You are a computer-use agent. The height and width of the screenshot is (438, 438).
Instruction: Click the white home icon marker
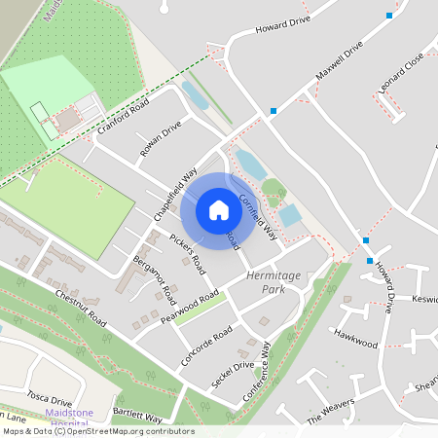click(x=218, y=210)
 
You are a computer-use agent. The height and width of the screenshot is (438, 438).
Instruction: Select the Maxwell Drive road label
click(x=339, y=60)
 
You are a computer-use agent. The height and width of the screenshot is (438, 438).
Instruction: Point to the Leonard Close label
click(x=402, y=73)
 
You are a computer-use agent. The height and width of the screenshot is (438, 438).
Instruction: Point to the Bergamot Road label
click(x=155, y=276)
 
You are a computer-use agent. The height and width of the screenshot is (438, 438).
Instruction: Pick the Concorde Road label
click(x=206, y=347)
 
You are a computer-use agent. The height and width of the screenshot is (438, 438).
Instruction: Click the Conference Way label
click(x=274, y=364)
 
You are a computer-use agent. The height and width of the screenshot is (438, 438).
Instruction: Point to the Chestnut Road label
click(x=80, y=306)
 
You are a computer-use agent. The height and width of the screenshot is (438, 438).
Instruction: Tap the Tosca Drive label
click(x=50, y=398)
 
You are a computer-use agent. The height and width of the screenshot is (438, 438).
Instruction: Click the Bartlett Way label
click(x=136, y=415)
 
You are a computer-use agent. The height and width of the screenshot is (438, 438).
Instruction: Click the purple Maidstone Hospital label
click(x=70, y=419)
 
